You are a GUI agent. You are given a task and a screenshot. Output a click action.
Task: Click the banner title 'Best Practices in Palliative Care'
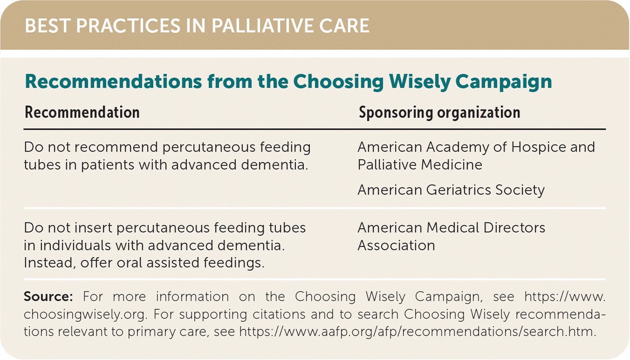coord(197,26)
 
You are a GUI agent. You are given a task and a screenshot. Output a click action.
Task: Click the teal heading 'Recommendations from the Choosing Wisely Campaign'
coord(288,82)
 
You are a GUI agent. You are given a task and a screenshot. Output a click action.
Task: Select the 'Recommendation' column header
coord(82,112)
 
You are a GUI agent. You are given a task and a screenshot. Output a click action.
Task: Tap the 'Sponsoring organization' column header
coord(439,113)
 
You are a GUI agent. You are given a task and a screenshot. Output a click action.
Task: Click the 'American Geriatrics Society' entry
coord(451,190)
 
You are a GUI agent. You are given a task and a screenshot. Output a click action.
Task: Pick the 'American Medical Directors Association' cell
coord(452,236)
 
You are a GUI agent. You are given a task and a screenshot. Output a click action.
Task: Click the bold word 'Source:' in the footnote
coord(48,297)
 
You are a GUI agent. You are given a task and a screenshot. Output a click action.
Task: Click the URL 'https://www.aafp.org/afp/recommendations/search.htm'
coord(418,332)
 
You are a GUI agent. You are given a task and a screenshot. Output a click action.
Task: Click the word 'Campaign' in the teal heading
coord(504,82)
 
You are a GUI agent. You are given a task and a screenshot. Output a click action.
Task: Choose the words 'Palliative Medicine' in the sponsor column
coord(420,165)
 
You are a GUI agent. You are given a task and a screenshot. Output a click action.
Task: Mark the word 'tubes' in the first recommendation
coord(42,165)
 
